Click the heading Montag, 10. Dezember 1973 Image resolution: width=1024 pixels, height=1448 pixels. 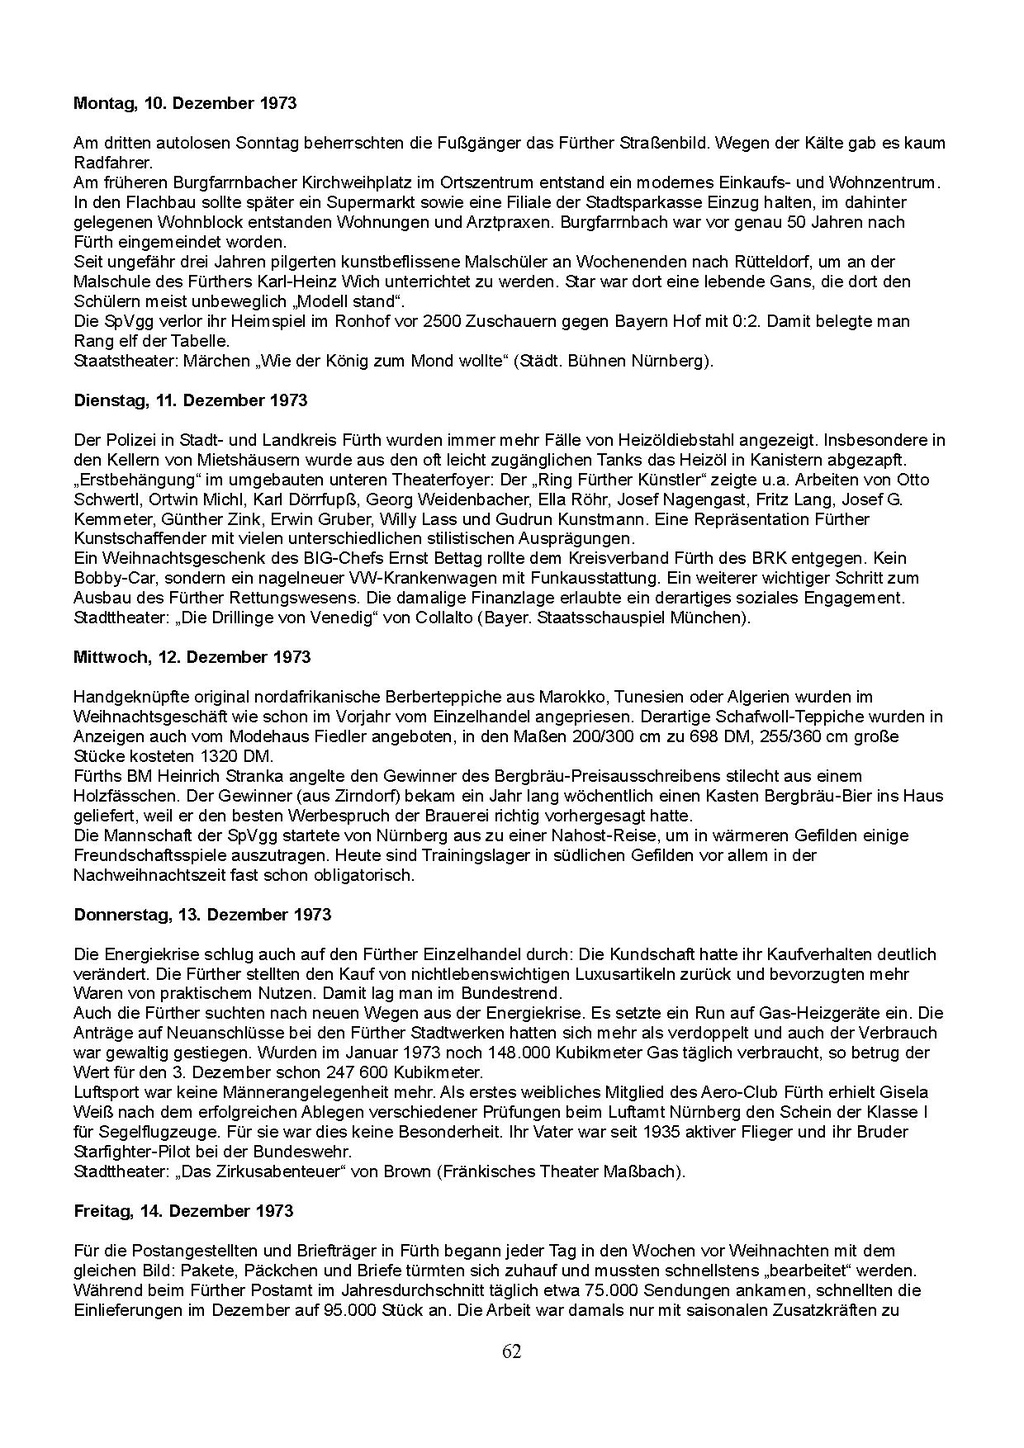tap(185, 103)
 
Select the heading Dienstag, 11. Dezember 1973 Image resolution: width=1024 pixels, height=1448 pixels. tap(190, 400)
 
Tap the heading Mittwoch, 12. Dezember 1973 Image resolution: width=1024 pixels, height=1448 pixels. tap(192, 657)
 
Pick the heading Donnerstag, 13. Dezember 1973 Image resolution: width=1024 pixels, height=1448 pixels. tap(202, 914)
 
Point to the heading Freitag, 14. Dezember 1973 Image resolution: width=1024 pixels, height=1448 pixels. tap(183, 1211)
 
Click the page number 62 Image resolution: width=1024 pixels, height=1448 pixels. tap(511, 1352)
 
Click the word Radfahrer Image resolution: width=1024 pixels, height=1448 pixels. tap(113, 163)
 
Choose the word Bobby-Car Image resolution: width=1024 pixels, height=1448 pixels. tap(114, 578)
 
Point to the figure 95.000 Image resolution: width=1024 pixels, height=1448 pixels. tap(352, 1310)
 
